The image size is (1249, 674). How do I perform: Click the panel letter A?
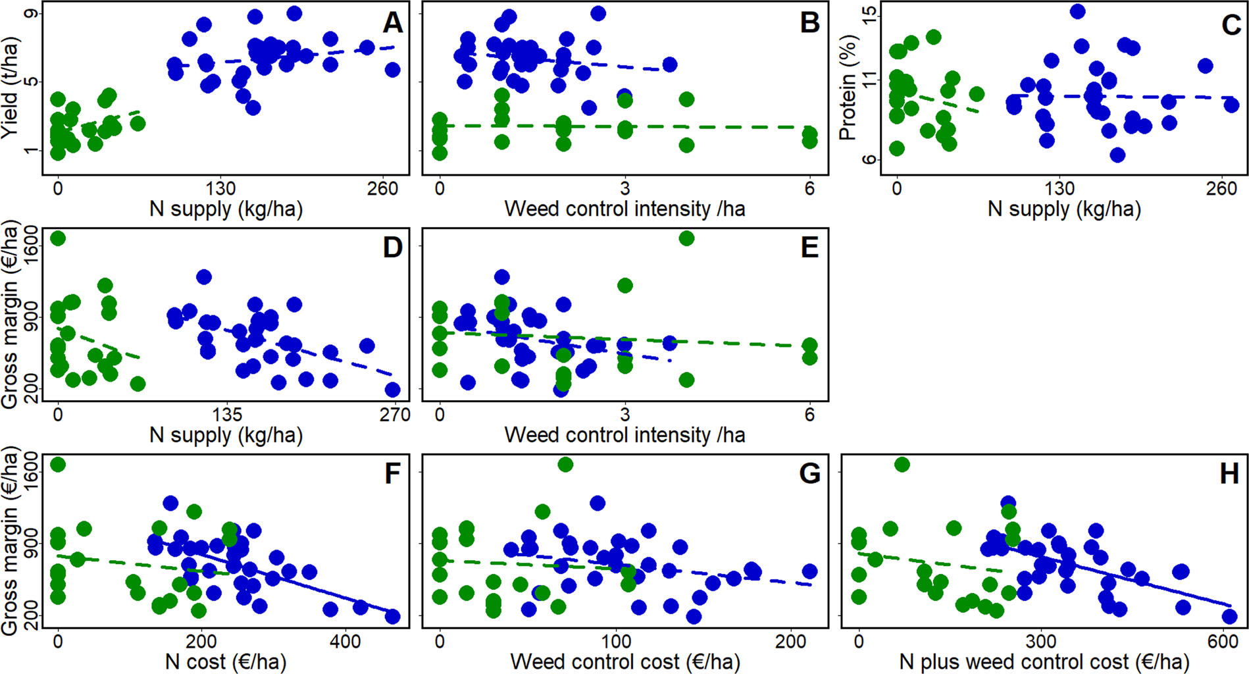pyautogui.click(x=392, y=23)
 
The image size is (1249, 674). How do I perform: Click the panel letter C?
pyautogui.click(x=1231, y=25)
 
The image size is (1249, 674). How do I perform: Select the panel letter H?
pyautogui.click(x=1229, y=474)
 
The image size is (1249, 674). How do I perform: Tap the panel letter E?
pyautogui.click(x=809, y=248)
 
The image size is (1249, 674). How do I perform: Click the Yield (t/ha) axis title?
pyautogui.click(x=9, y=88)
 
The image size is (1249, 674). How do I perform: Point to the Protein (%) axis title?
pyautogui.click(x=848, y=88)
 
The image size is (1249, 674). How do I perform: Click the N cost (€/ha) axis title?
pyautogui.click(x=226, y=661)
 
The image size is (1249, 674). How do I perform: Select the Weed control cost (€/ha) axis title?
pyautogui.click(x=624, y=661)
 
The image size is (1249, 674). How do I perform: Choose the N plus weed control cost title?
pyautogui.click(x=1044, y=661)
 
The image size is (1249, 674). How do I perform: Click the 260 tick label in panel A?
pyautogui.click(x=382, y=189)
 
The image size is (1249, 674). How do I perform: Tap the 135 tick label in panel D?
pyautogui.click(x=226, y=415)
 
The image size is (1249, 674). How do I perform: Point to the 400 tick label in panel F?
pyautogui.click(x=345, y=641)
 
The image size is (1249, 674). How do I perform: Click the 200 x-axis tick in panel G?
pyautogui.click(x=790, y=641)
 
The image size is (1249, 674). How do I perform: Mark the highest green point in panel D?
pyautogui.click(x=58, y=238)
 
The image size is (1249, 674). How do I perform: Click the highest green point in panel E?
pyautogui.click(x=686, y=238)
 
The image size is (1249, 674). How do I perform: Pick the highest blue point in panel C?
pyautogui.click(x=1077, y=11)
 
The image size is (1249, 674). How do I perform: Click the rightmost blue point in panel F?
pyautogui.click(x=392, y=617)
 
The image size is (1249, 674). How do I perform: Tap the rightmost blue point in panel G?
pyautogui.click(x=809, y=571)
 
